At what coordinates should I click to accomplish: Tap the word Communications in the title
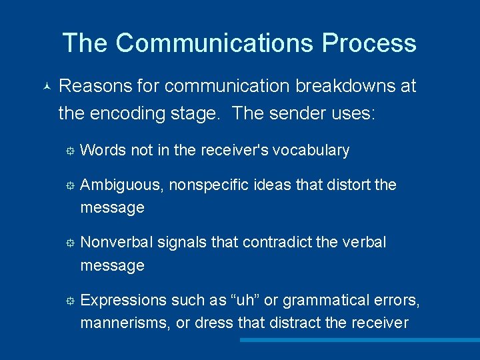(x=215, y=43)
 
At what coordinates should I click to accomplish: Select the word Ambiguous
(x=121, y=185)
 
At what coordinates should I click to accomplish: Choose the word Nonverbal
(x=117, y=242)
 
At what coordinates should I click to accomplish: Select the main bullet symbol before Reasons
(x=45, y=87)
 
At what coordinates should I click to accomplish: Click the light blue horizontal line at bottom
(x=359, y=340)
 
